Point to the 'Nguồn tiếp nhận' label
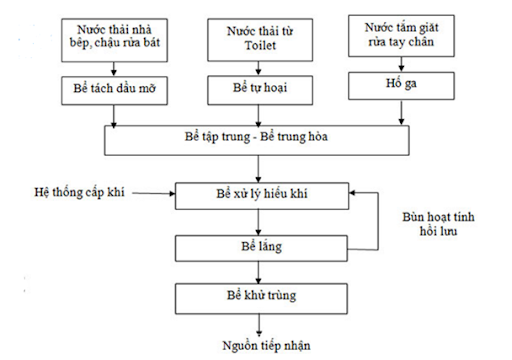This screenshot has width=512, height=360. coord(266,345)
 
